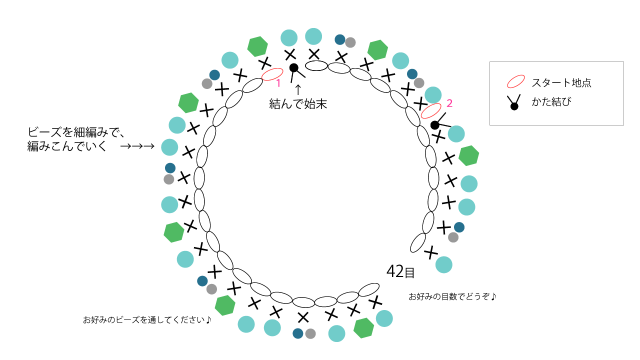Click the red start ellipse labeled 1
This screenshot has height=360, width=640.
(272, 74)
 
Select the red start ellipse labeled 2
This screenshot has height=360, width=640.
(431, 110)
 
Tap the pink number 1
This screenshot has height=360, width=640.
(278, 83)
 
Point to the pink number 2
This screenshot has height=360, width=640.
(449, 103)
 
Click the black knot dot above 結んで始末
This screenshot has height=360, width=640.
(294, 67)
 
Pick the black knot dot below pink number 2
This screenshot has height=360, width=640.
(435, 124)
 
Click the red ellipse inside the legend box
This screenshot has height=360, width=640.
(516, 82)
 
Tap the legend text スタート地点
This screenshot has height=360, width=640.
(561, 83)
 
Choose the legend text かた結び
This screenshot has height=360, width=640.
(551, 102)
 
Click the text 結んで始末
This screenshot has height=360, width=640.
(298, 104)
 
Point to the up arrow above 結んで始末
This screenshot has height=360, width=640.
(298, 89)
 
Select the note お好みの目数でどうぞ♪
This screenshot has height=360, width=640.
(452, 296)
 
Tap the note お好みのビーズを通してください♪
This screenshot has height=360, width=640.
(147, 319)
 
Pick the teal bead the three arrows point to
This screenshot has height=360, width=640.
(169, 147)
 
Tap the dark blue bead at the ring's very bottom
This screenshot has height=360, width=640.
(298, 333)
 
